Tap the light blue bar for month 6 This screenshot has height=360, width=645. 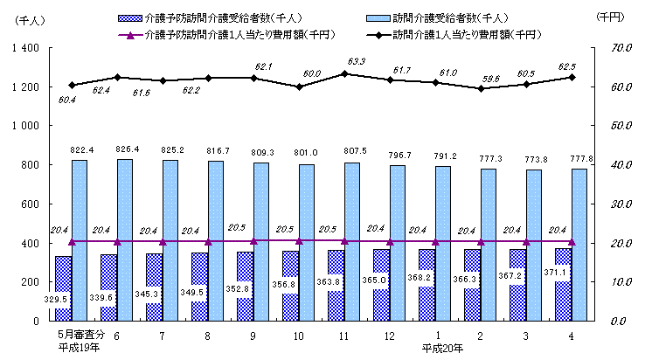point(124,240)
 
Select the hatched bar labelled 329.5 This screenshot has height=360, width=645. point(63,288)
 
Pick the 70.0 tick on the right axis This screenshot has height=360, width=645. point(609,48)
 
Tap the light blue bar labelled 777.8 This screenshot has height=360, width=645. point(579,245)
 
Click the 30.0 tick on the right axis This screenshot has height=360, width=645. point(609,204)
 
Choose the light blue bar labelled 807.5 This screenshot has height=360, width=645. point(351,242)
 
